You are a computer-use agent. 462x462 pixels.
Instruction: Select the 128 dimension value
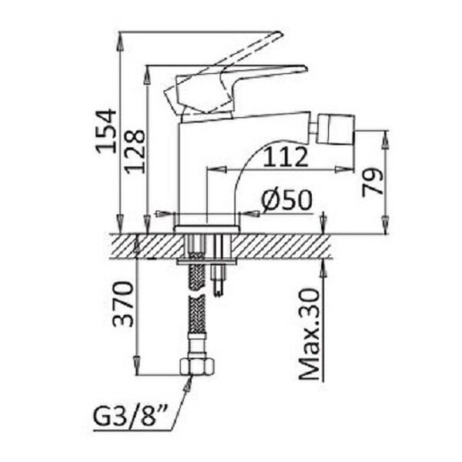pyautogui.click(x=135, y=151)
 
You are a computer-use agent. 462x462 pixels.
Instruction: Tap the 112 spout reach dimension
pyautogui.click(x=285, y=157)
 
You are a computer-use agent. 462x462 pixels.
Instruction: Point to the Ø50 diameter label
pyautogui.click(x=286, y=200)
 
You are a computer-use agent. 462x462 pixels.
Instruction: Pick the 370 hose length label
pyautogui.click(x=123, y=304)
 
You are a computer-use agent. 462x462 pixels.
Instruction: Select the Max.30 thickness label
pyautogui.click(x=310, y=334)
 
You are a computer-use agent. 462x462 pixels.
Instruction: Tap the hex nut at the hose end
pyautogui.click(x=196, y=366)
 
